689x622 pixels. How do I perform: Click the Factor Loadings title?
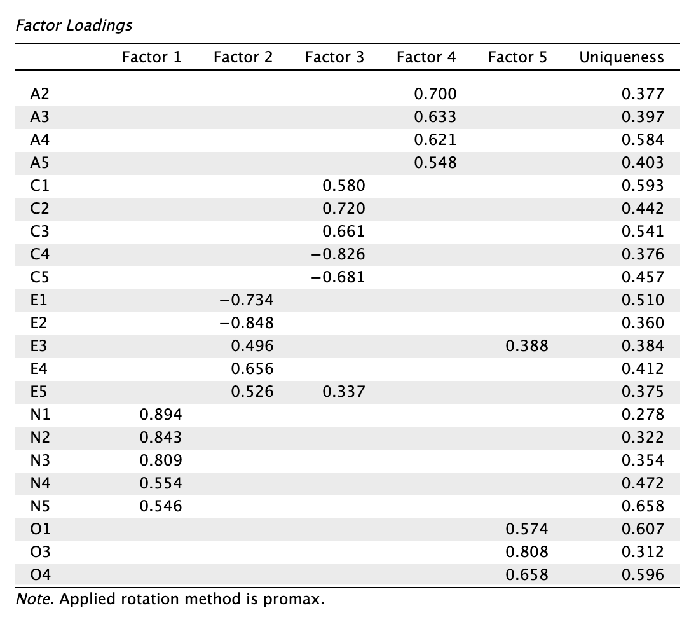click(74, 25)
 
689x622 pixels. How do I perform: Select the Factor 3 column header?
click(334, 57)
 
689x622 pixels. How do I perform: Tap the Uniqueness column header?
click(622, 57)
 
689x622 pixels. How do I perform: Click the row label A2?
click(39, 93)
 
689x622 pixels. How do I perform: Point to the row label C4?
click(39, 254)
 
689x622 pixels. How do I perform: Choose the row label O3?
click(40, 551)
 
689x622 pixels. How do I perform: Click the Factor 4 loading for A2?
click(435, 93)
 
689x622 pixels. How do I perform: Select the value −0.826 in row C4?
click(338, 254)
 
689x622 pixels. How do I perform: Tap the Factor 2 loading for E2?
click(247, 322)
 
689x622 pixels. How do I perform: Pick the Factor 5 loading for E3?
click(527, 346)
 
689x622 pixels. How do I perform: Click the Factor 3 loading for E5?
click(344, 392)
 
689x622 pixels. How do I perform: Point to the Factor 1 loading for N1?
click(161, 415)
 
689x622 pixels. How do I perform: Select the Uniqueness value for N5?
click(643, 506)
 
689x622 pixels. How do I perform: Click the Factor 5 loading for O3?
click(527, 551)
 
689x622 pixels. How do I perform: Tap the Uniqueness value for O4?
click(643, 574)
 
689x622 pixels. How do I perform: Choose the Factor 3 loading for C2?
click(344, 209)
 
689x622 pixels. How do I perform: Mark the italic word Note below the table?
click(35, 598)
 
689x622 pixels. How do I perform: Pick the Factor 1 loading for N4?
click(161, 483)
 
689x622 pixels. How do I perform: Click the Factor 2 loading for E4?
click(252, 369)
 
